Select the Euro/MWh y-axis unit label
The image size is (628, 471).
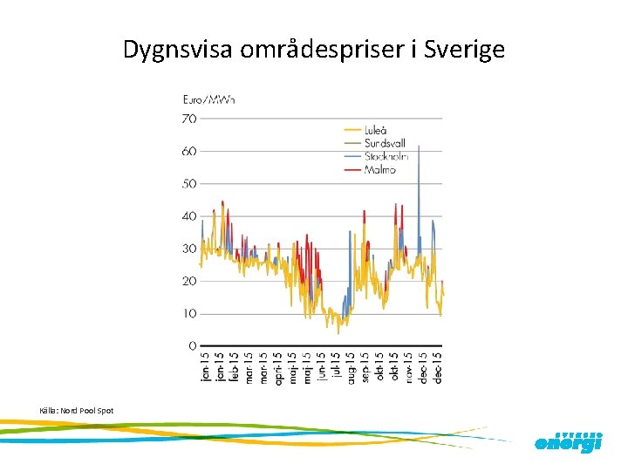[x=208, y=99]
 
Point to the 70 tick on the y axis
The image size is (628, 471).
[x=188, y=119]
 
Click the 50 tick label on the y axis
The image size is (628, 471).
[x=188, y=183]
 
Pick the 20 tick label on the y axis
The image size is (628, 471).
[x=188, y=281]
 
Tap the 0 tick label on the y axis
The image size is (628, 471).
[x=192, y=346]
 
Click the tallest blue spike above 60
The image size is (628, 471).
[x=419, y=148]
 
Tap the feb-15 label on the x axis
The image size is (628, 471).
[x=234, y=367]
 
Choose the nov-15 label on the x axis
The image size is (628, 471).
[x=408, y=367]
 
